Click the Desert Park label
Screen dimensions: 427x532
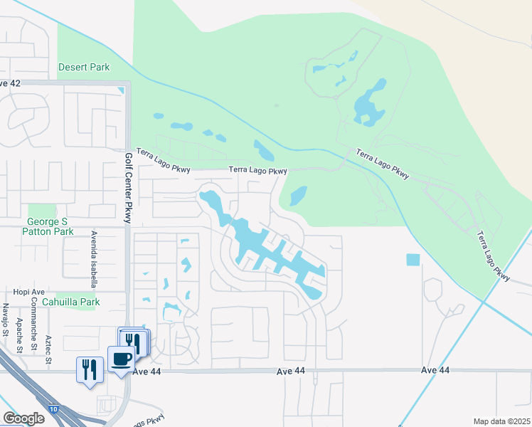pyautogui.click(x=84, y=68)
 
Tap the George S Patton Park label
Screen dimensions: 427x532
pyautogui.click(x=48, y=226)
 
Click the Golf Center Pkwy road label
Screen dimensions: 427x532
pyautogui.click(x=129, y=188)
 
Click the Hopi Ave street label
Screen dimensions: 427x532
pyautogui.click(x=28, y=292)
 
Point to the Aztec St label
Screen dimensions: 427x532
pyautogui.click(x=48, y=349)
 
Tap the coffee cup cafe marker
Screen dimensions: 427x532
pyautogui.click(x=120, y=358)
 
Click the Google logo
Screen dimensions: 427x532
pyautogui.click(x=23, y=418)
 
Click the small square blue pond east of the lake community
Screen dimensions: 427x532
pyautogui.click(x=413, y=260)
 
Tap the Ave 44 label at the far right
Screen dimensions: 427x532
pyautogui.click(x=435, y=370)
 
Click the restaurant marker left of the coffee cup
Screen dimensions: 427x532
pyautogui.click(x=90, y=369)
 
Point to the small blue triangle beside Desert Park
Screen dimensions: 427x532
pyautogui.click(x=121, y=90)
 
